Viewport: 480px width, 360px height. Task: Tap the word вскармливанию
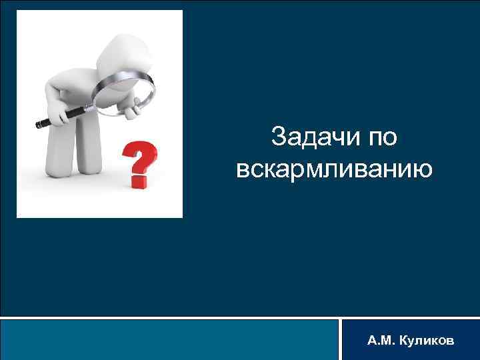pyautogui.click(x=334, y=169)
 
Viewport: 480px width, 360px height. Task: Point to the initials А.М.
pyautogui.click(x=380, y=341)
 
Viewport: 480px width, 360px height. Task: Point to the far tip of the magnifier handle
pyautogui.click(x=39, y=124)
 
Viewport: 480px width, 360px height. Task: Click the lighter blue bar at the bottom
pyautogui.click(x=170, y=339)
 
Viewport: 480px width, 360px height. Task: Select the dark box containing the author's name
pyautogui.click(x=409, y=339)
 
